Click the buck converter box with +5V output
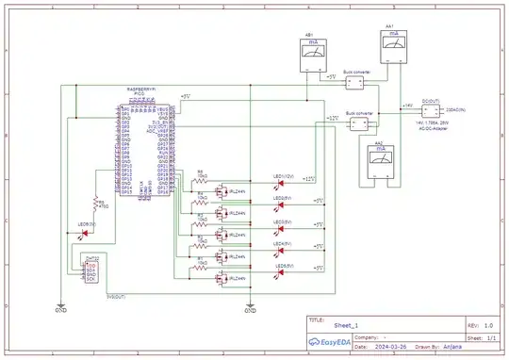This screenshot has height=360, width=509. tap(355, 83)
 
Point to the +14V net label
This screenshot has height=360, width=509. tap(406, 106)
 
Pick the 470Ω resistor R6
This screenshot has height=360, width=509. tap(94, 205)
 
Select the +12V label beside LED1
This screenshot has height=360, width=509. tap(310, 178)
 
